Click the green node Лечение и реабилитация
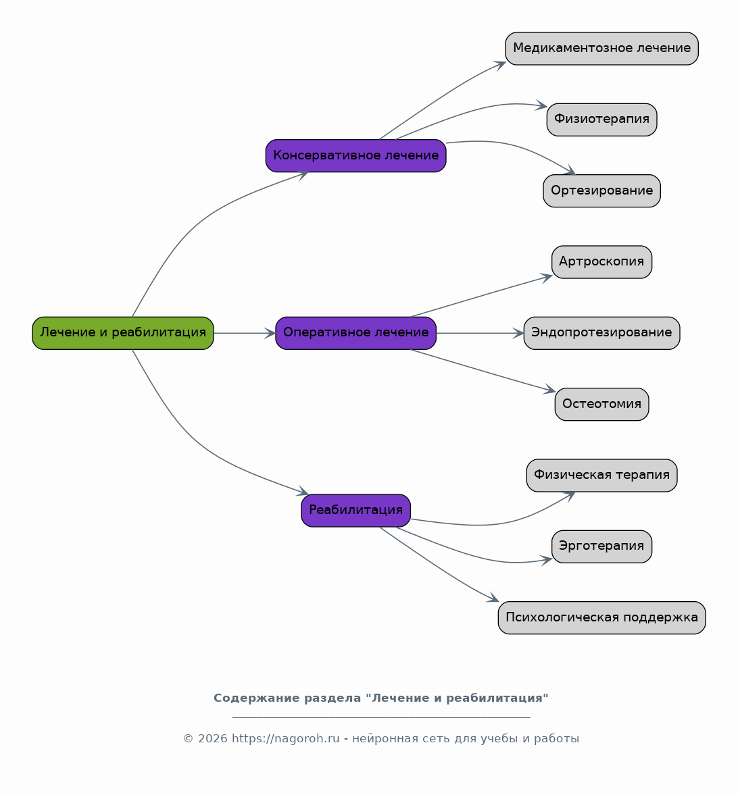click(123, 333)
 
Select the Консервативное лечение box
click(355, 155)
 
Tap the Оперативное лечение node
click(355, 333)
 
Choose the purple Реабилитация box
click(355, 511)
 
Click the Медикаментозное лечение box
click(601, 49)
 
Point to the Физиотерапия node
click(601, 120)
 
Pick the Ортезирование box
click(601, 190)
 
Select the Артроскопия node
click(601, 262)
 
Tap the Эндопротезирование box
click(601, 333)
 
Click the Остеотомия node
click(601, 404)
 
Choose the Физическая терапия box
click(601, 476)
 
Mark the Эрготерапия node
click(601, 546)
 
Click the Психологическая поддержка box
click(601, 617)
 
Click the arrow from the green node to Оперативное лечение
click(245, 333)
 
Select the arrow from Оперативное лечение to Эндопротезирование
click(480, 333)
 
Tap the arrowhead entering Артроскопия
click(547, 278)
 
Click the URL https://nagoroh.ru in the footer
click(286, 739)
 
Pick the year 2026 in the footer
click(212, 739)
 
